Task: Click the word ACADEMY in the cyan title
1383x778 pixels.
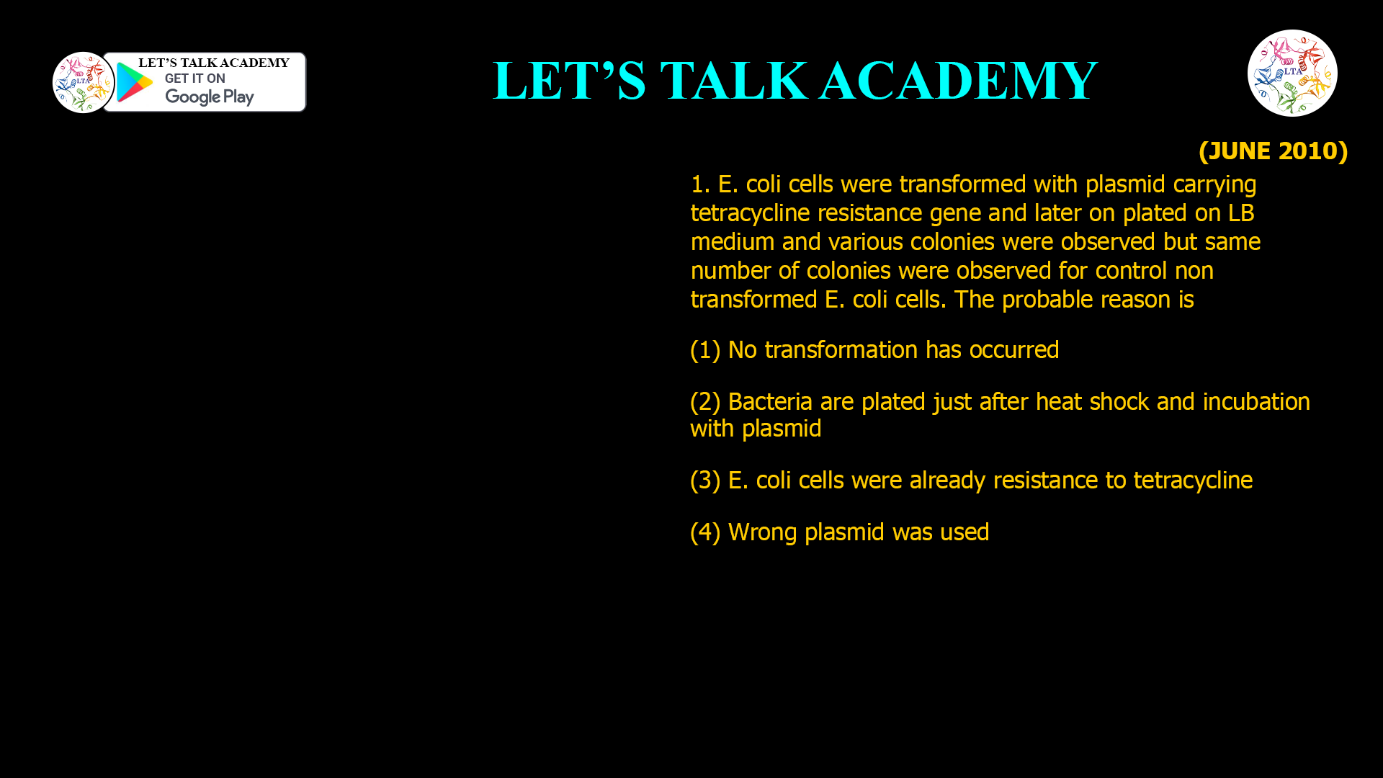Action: click(958, 81)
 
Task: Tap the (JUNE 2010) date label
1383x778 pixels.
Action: click(1273, 151)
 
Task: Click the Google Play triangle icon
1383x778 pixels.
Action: click(134, 82)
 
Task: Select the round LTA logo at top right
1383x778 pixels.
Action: click(1292, 73)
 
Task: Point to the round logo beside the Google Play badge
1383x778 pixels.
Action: click(84, 82)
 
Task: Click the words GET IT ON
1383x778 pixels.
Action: click(194, 79)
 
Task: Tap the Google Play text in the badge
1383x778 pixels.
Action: click(209, 97)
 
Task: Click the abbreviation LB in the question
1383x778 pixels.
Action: click(1241, 213)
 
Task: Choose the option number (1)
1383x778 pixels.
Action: click(705, 350)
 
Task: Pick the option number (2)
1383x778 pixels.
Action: click(705, 402)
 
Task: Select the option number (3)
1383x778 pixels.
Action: click(705, 480)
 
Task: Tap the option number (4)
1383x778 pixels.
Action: click(705, 532)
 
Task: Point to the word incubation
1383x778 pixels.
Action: click(1256, 402)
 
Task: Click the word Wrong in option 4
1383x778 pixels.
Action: click(762, 532)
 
